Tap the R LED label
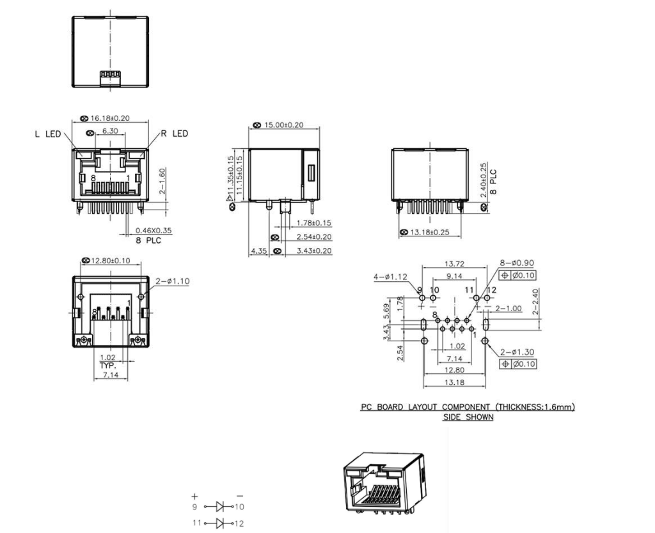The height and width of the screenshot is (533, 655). (x=174, y=134)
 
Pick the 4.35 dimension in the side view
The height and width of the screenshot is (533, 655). (x=258, y=251)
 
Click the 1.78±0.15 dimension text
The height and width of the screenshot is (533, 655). (x=314, y=223)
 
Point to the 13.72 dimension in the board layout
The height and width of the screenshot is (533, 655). (x=455, y=264)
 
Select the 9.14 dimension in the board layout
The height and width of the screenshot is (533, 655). (x=455, y=276)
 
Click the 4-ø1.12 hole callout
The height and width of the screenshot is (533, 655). (x=390, y=277)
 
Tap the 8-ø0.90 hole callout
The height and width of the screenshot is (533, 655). (x=517, y=263)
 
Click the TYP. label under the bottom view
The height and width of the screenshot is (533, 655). (x=107, y=365)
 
